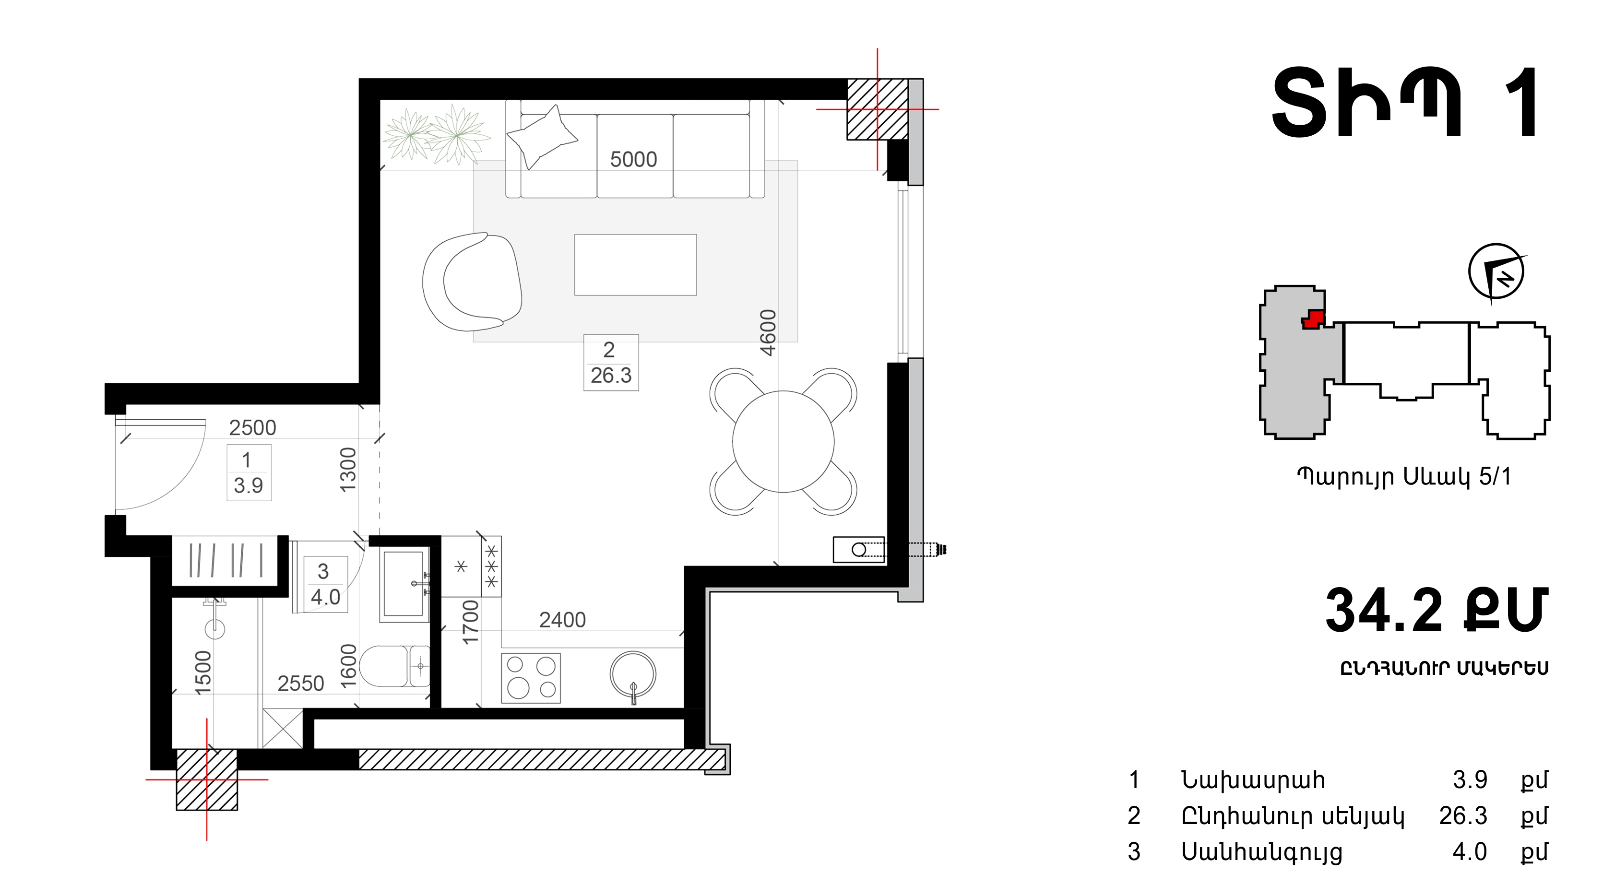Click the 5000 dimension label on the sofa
click(x=633, y=159)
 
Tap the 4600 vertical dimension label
click(x=768, y=333)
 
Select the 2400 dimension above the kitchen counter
click(x=562, y=620)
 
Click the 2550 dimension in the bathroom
click(x=301, y=683)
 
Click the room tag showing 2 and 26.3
click(x=611, y=363)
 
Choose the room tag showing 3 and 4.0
click(x=325, y=584)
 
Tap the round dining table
click(x=783, y=442)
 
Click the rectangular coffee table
click(x=635, y=264)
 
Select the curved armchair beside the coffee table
click(x=472, y=282)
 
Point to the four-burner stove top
click(x=531, y=677)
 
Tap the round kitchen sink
click(x=633, y=675)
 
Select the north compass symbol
click(x=1496, y=272)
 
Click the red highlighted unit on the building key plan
click(x=1313, y=319)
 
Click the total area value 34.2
click(x=1384, y=610)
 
